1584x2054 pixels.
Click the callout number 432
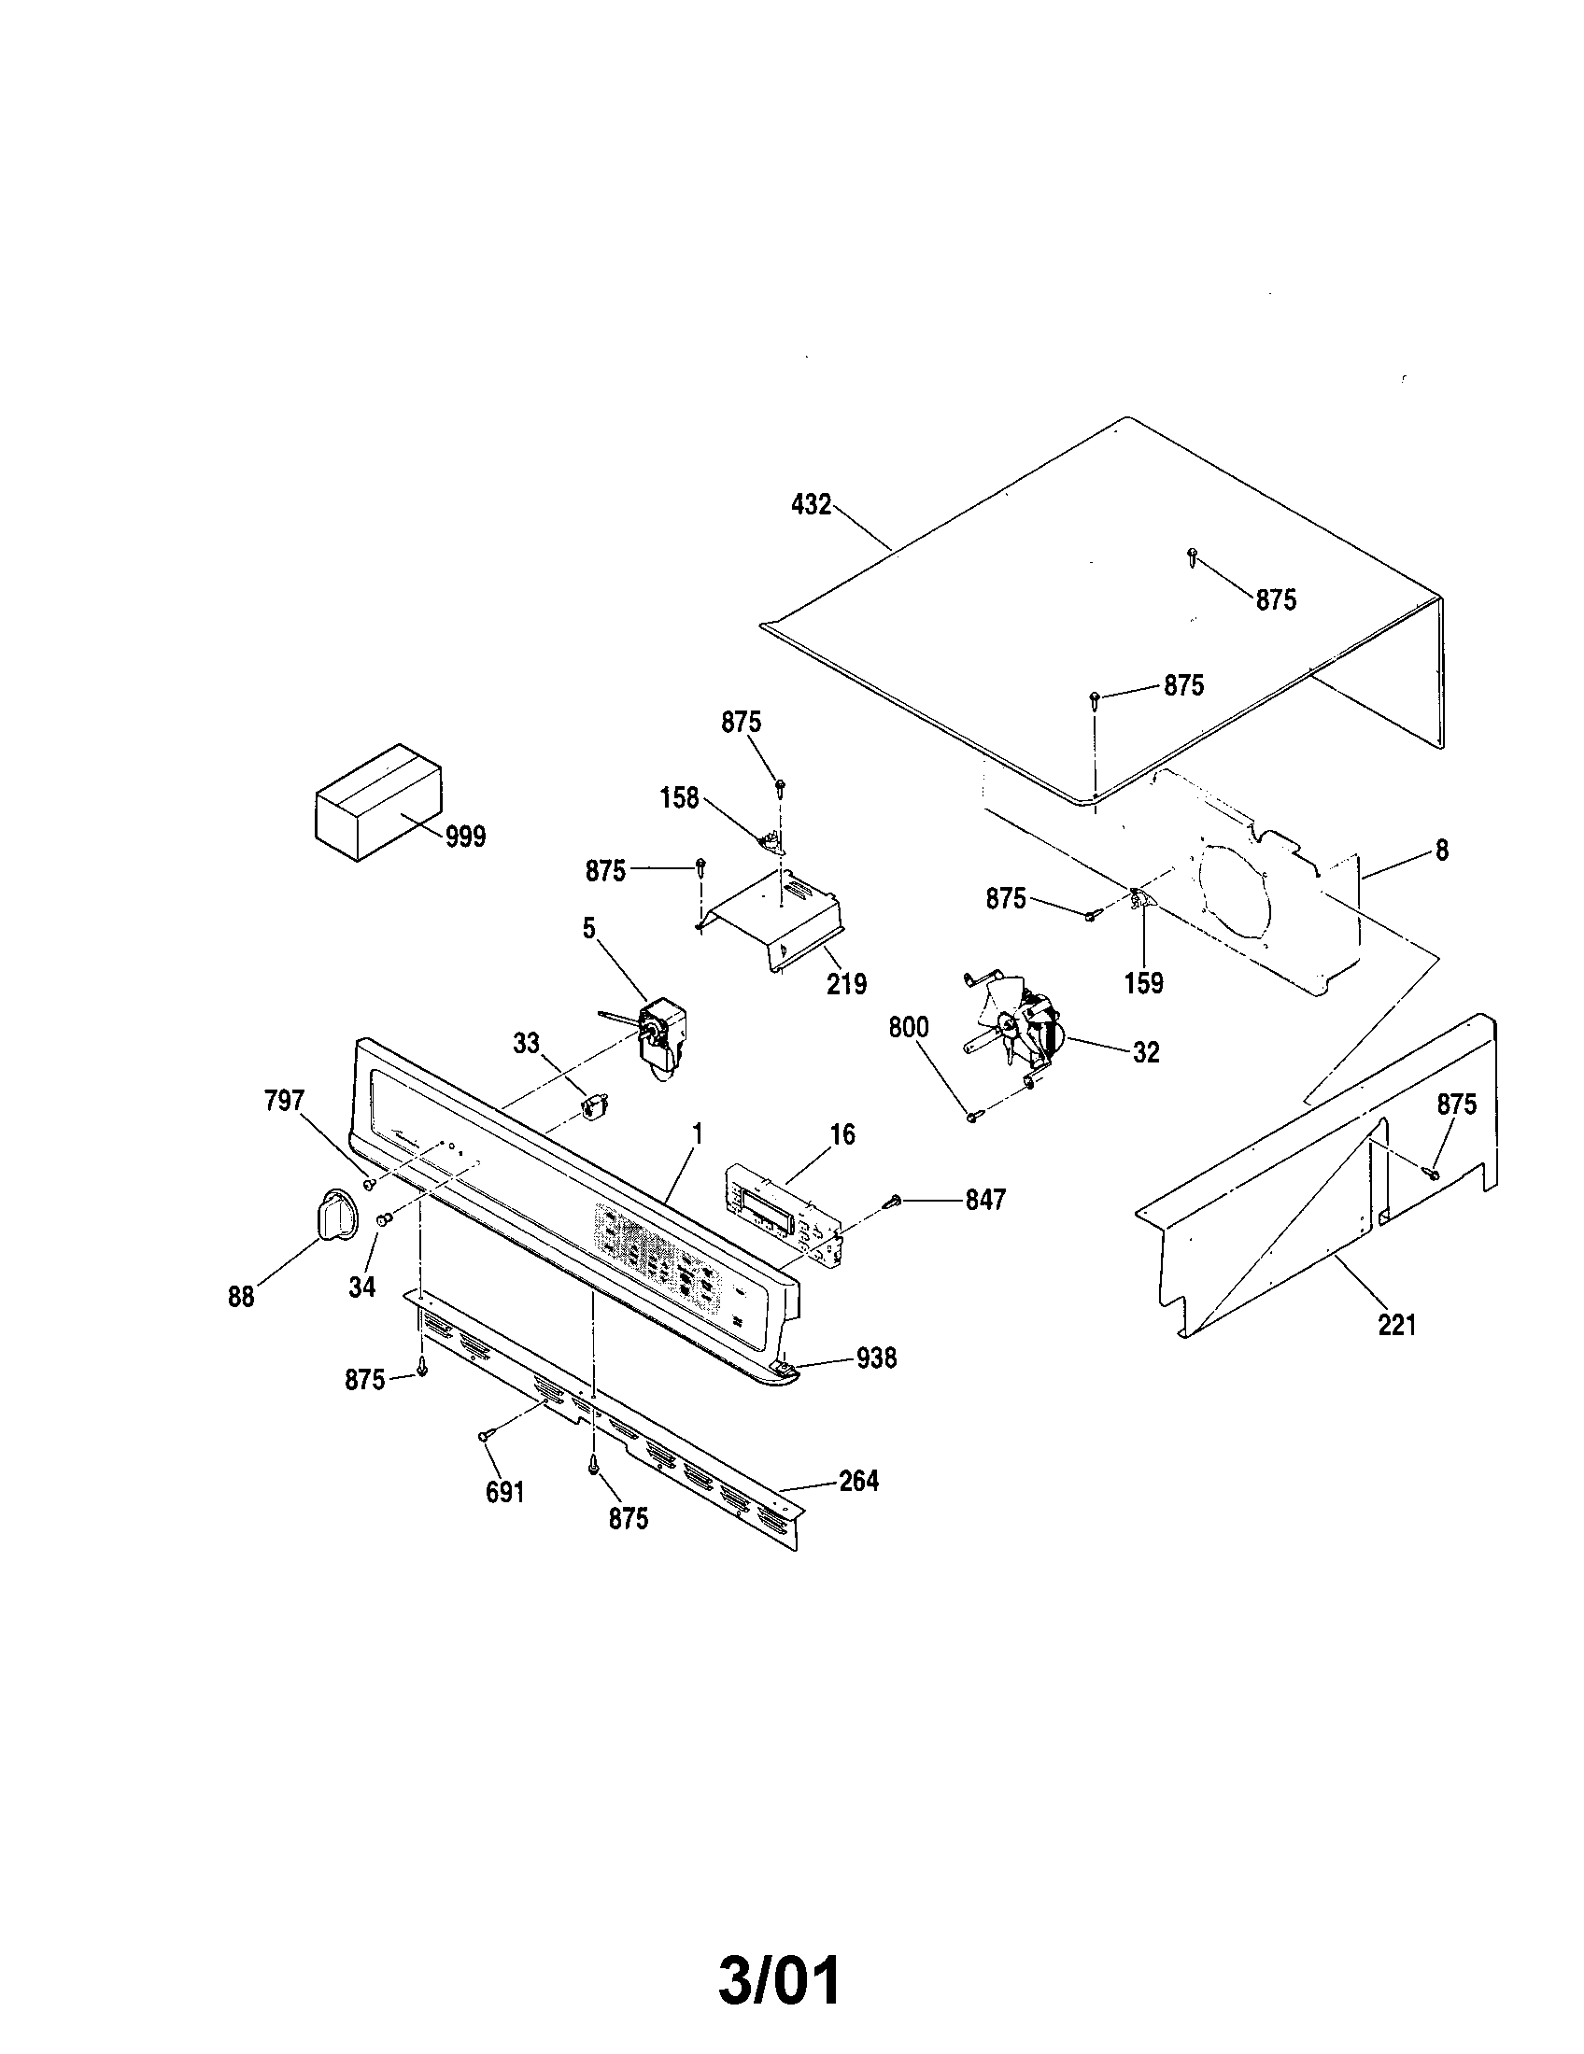(x=811, y=505)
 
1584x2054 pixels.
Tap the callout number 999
(x=466, y=837)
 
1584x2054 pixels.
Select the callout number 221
(x=1397, y=1325)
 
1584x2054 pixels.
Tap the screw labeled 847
(x=894, y=1201)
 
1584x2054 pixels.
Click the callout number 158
(x=679, y=798)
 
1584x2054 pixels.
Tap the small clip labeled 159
(x=1139, y=899)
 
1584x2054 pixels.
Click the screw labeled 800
(x=973, y=1117)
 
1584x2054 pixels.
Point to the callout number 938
(x=876, y=1358)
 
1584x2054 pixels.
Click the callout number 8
(x=1441, y=851)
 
